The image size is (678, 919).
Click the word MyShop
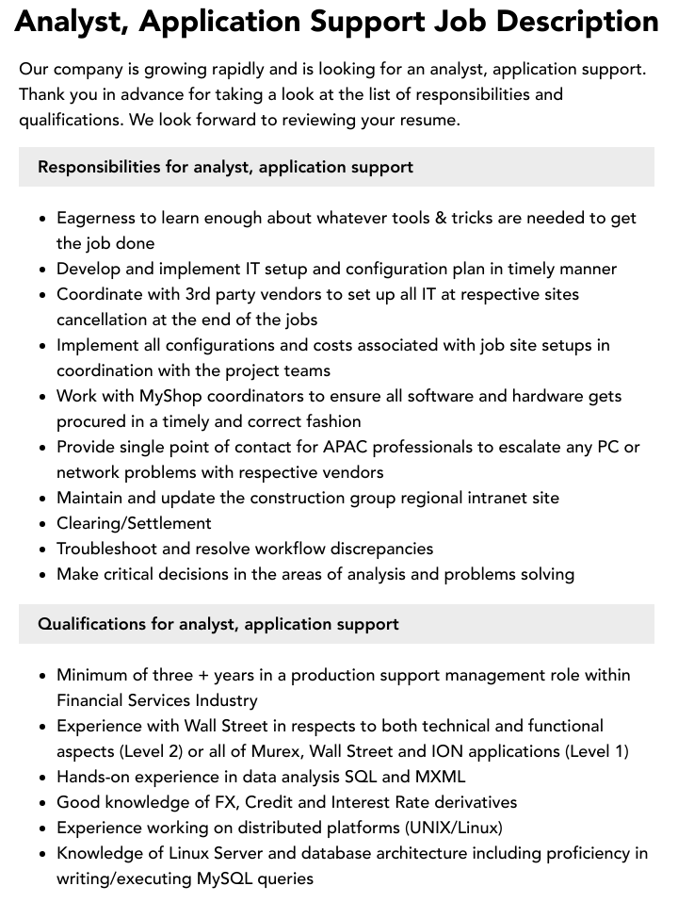click(172, 396)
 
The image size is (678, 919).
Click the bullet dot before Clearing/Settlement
click(43, 524)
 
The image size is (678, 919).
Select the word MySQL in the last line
click(225, 878)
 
